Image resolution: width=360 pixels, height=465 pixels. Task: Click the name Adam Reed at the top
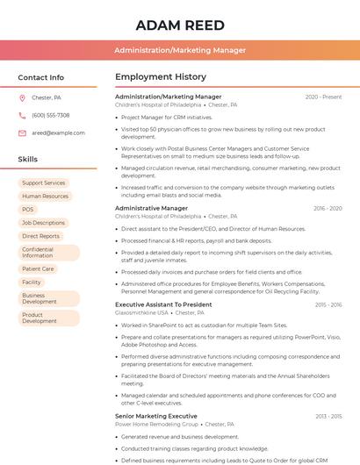pyautogui.click(x=180, y=25)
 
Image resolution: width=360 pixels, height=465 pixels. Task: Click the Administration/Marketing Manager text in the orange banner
pyautogui.click(x=180, y=50)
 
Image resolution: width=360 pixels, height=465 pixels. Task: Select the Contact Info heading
pyautogui.click(x=40, y=77)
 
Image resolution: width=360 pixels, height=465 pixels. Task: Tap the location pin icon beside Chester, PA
pyautogui.click(x=22, y=98)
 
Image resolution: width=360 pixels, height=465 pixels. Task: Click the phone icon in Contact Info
pyautogui.click(x=22, y=116)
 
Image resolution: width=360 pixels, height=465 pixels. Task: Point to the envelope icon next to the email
pyautogui.click(x=22, y=133)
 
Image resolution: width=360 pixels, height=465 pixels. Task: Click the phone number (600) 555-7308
pyautogui.click(x=51, y=116)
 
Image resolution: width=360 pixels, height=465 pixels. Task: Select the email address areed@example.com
pyautogui.click(x=58, y=133)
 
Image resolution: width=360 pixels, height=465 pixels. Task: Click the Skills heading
pyautogui.click(x=27, y=160)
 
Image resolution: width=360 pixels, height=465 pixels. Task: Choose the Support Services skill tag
pyautogui.click(x=44, y=183)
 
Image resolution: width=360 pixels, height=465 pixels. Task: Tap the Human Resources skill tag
pyautogui.click(x=45, y=197)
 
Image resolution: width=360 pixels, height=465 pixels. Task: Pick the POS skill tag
pyautogui.click(x=28, y=210)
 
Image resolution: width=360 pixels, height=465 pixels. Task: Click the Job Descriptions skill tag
pyautogui.click(x=43, y=223)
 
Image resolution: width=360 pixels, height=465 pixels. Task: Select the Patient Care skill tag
pyautogui.click(x=38, y=269)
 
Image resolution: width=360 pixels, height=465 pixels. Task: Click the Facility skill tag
pyautogui.click(x=32, y=283)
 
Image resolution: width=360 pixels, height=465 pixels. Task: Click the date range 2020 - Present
pyautogui.click(x=323, y=97)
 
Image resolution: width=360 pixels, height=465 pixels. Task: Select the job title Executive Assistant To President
pyautogui.click(x=163, y=304)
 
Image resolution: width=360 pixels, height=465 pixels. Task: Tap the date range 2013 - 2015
pyautogui.click(x=328, y=416)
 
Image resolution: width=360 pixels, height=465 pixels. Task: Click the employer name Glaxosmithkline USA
pyautogui.click(x=141, y=312)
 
